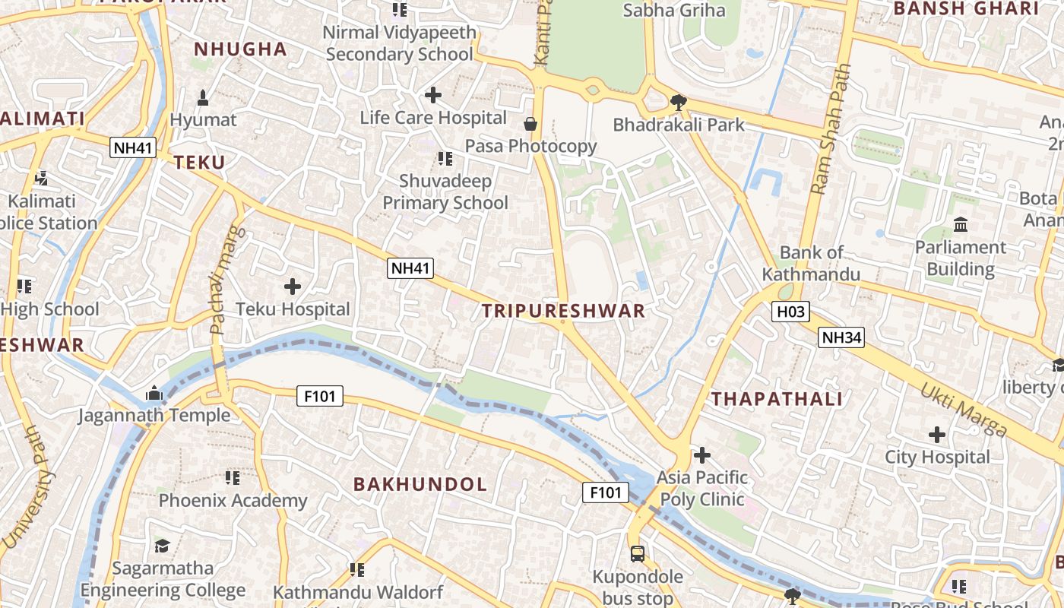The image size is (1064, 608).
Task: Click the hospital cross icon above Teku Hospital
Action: tap(293, 287)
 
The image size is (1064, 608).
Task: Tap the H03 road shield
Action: tap(790, 311)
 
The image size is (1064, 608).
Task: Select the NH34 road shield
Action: tap(841, 337)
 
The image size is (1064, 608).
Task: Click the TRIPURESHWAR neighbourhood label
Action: tap(563, 310)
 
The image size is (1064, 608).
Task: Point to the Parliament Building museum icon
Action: tap(960, 225)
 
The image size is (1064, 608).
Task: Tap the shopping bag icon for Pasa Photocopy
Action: tap(530, 124)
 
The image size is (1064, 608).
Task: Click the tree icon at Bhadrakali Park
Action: tap(679, 103)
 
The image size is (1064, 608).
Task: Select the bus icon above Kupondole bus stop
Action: tap(638, 554)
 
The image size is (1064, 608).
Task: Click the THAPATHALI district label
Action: tap(777, 399)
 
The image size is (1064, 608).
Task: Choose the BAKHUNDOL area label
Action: tap(420, 484)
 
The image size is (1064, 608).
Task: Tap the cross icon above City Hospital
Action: tap(937, 435)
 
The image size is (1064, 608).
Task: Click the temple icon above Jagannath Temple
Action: tap(154, 393)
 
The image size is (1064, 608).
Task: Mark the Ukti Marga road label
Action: tap(964, 410)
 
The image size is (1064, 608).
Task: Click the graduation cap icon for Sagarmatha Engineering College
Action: tap(163, 546)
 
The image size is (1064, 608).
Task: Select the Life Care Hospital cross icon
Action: tap(433, 95)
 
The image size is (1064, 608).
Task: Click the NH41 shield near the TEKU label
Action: tap(133, 147)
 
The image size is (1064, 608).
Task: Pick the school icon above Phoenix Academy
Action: tap(233, 478)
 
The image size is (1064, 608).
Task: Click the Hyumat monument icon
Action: tap(203, 98)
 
